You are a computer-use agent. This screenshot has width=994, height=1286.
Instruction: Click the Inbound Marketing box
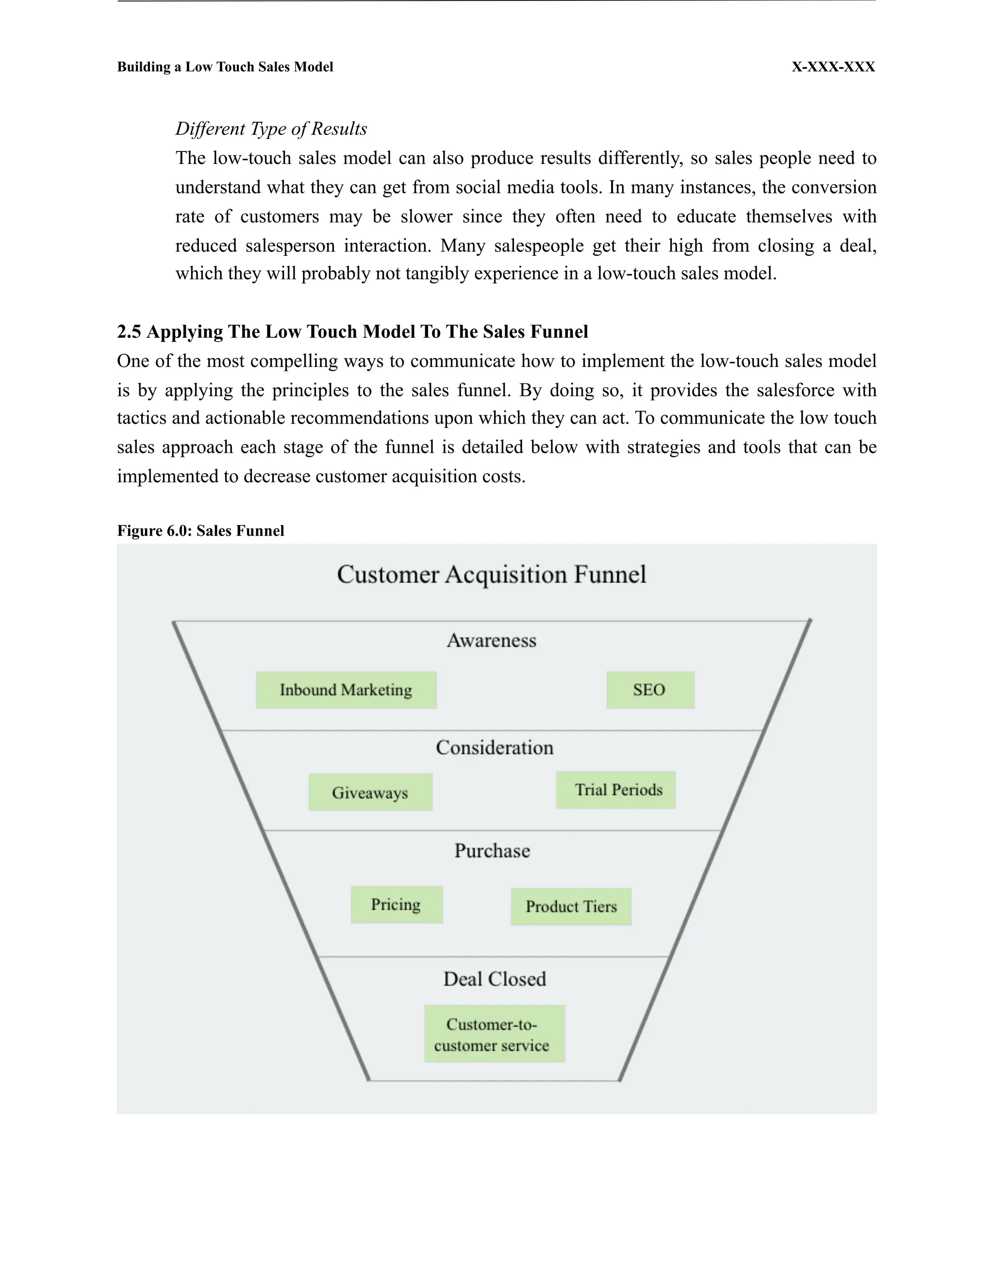(x=346, y=690)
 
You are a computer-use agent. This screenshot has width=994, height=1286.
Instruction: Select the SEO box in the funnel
(x=650, y=690)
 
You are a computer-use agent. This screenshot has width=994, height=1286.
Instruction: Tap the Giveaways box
(x=370, y=792)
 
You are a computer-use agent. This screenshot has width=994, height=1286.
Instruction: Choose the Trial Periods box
(x=616, y=790)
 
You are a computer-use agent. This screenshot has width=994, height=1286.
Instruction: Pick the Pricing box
(x=397, y=905)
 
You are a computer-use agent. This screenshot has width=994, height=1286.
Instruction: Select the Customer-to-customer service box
(x=494, y=1034)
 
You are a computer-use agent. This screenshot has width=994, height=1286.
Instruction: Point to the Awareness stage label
(x=492, y=641)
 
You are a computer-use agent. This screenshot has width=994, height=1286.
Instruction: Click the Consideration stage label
(x=495, y=748)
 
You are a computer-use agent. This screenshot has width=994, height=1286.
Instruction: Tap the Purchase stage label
(x=492, y=851)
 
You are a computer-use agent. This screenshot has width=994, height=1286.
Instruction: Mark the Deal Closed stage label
(x=495, y=979)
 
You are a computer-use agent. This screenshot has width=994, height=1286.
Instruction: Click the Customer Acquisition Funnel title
(x=492, y=574)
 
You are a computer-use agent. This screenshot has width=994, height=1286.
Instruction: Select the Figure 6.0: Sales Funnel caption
(x=201, y=530)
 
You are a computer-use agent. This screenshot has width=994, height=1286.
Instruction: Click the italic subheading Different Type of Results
(x=271, y=129)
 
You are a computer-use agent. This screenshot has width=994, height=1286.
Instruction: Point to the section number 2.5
(x=129, y=331)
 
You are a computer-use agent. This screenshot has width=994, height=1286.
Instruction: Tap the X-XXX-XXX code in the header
(x=833, y=67)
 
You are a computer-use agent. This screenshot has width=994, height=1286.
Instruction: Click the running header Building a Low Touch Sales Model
(x=225, y=67)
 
